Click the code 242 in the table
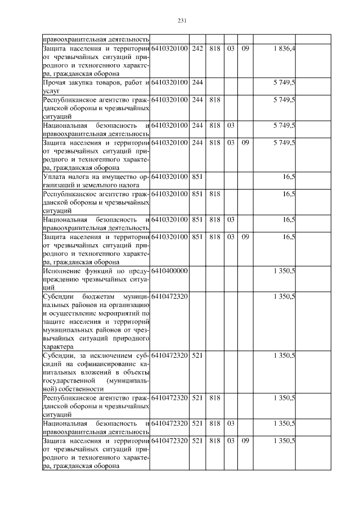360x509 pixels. point(197,49)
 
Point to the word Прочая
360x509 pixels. point(55,82)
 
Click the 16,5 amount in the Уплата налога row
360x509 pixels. point(289,177)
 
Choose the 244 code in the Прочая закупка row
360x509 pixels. point(197,82)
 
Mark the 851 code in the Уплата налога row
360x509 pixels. point(197,177)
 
